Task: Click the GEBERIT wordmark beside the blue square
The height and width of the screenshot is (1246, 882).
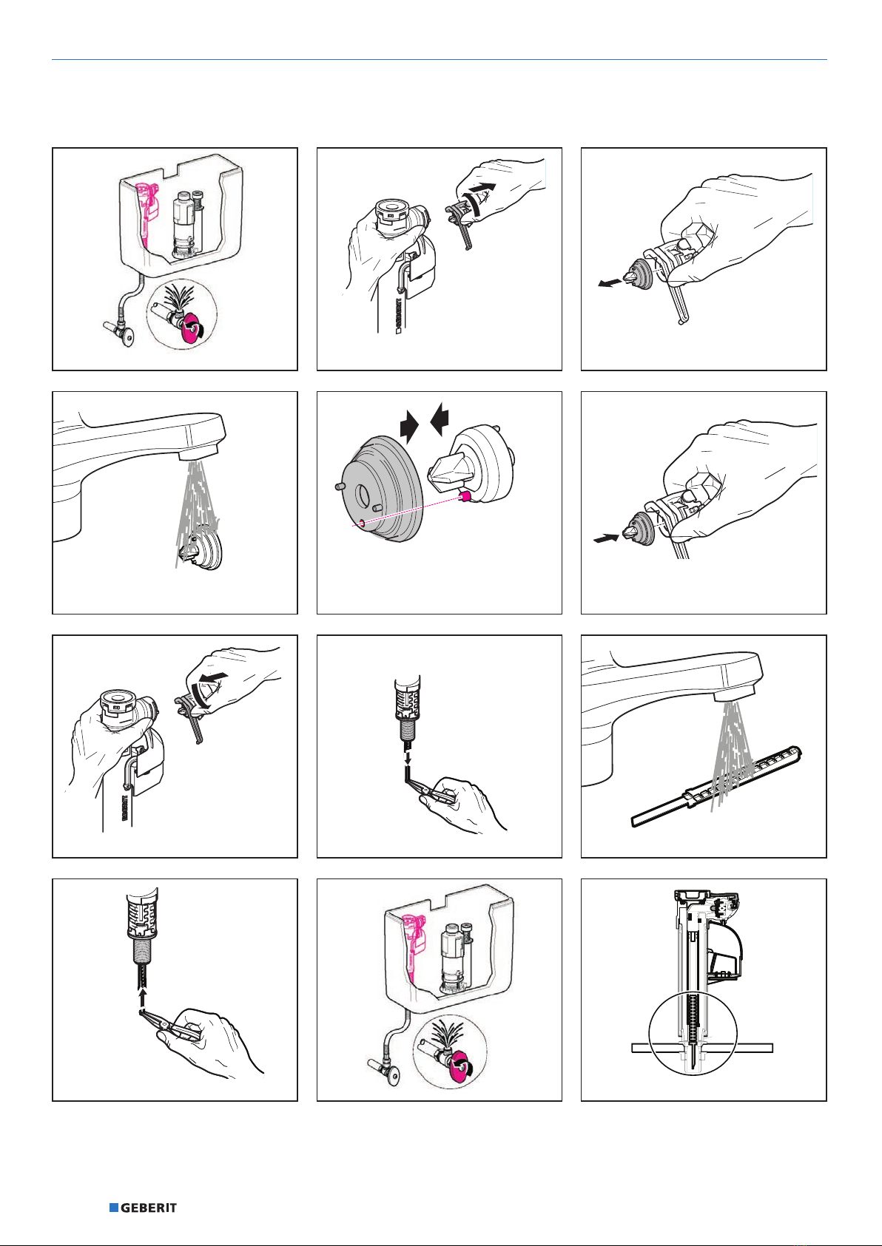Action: (x=149, y=1208)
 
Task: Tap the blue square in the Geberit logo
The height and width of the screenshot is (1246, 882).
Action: (x=113, y=1208)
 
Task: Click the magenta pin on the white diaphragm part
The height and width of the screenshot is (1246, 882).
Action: (x=465, y=495)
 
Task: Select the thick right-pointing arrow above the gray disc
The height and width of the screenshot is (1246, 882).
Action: (x=410, y=427)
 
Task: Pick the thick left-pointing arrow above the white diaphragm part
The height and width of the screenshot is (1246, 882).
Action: (x=440, y=419)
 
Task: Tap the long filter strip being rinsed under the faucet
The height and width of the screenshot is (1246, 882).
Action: (x=717, y=787)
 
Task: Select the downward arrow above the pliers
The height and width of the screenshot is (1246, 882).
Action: (x=408, y=757)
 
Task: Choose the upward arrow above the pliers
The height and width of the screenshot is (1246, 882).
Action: (x=143, y=998)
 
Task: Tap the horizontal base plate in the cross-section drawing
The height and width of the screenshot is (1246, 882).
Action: (x=702, y=1048)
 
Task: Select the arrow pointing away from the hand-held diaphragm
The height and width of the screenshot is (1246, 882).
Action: (x=610, y=283)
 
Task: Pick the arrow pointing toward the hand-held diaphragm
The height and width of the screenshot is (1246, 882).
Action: (x=606, y=538)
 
